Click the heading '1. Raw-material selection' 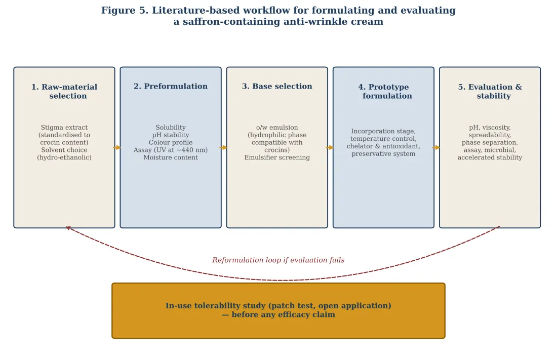click(64, 91)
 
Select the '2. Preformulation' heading click(171, 87)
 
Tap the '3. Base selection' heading click(277, 87)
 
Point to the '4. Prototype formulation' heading click(384, 91)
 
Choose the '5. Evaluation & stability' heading click(490, 91)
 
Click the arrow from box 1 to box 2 click(117, 147)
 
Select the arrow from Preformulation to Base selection click(223, 147)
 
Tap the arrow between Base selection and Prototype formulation click(330, 147)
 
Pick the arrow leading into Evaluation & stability click(436, 147)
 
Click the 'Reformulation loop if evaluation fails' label click(278, 260)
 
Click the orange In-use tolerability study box click(278, 310)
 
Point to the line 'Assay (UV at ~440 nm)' click(171, 150)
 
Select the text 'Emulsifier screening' click(277, 157)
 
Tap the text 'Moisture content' click(171, 157)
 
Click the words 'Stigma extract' click(64, 128)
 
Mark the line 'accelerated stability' click(490, 157)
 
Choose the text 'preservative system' click(384, 154)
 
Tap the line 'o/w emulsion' click(277, 128)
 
